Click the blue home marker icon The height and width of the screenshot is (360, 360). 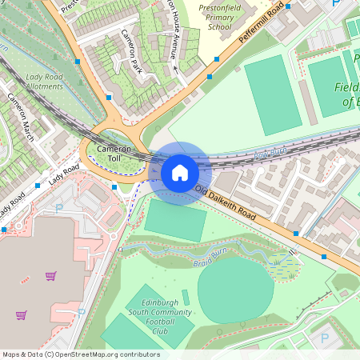[180, 173]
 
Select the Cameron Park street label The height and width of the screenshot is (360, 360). [131, 49]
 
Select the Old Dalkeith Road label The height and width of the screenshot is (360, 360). [226, 205]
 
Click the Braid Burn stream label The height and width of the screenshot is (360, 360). [206, 262]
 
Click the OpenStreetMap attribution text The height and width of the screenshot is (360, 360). [80, 354]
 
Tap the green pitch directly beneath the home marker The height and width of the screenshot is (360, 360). [175, 221]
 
